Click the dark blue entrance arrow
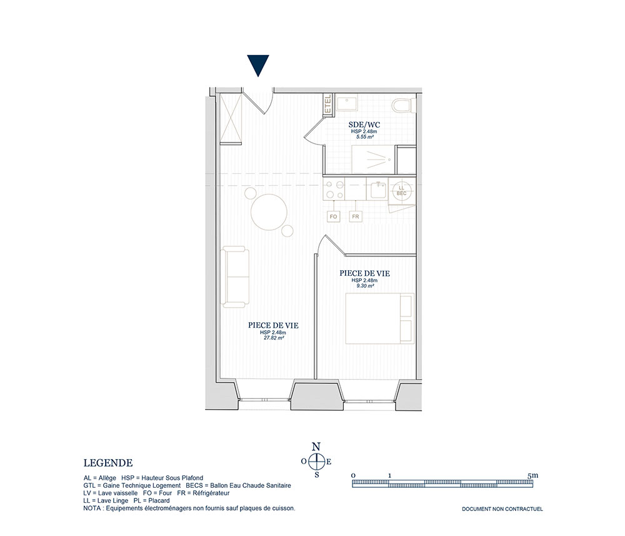[x=258, y=64]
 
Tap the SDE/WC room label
[x=364, y=125]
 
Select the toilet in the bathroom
[x=402, y=106]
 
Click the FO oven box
[x=333, y=216]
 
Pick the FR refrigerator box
[x=355, y=216]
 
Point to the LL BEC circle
[x=401, y=190]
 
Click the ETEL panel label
[x=328, y=104]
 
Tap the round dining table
[x=269, y=212]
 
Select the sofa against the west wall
[x=236, y=277]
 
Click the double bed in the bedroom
[x=379, y=318]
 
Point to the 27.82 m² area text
[x=274, y=338]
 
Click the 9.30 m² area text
[x=365, y=286]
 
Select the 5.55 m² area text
[x=365, y=136]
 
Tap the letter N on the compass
[x=316, y=447]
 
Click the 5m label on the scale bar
[x=533, y=475]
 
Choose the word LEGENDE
[x=108, y=463]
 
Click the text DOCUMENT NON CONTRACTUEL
[x=502, y=509]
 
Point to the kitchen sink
[x=377, y=190]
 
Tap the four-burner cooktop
[x=334, y=190]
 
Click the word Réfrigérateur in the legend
[x=211, y=493]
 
